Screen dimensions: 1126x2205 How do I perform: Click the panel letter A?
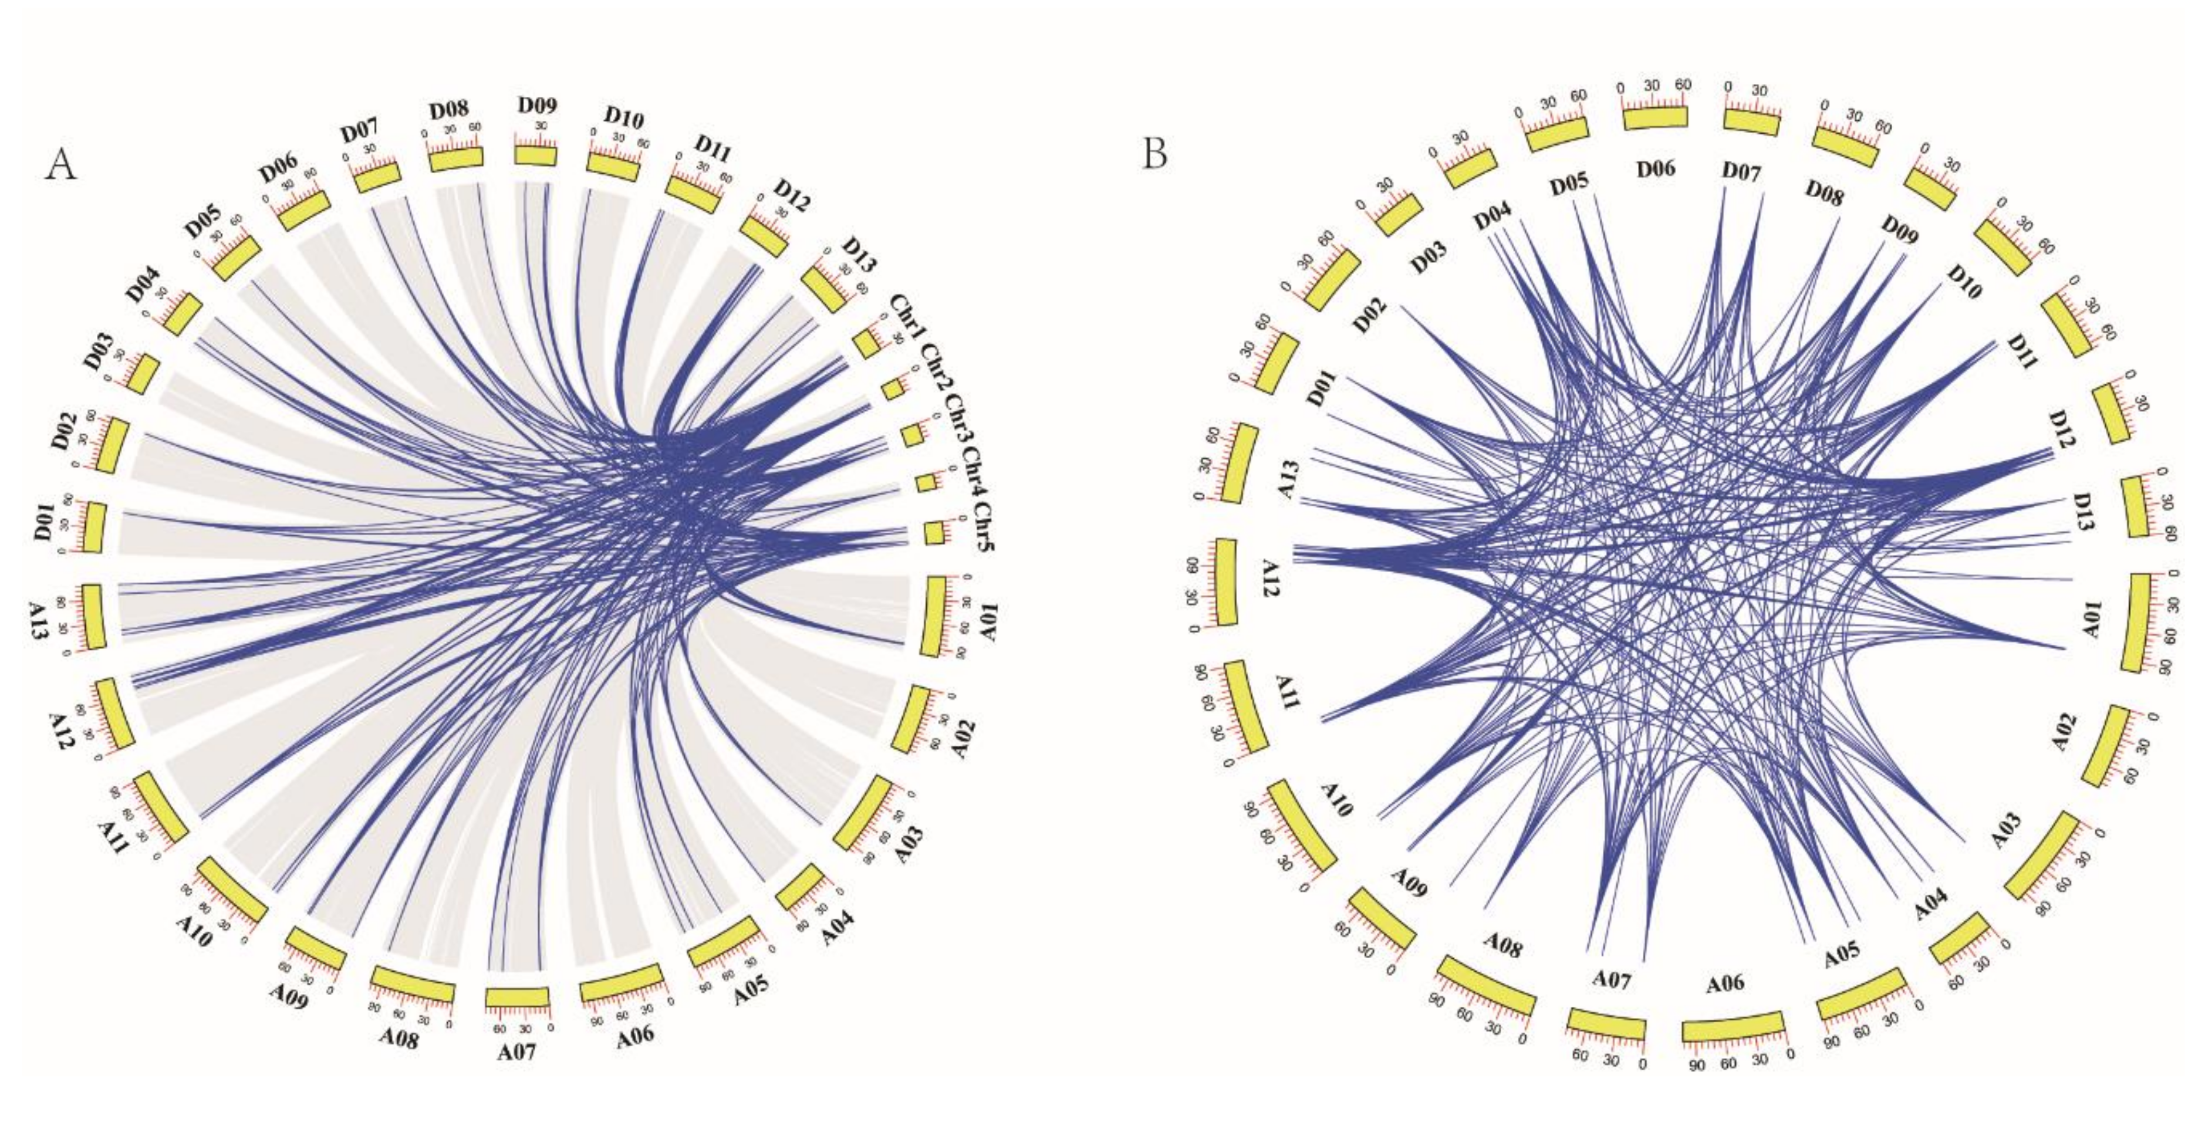point(62,164)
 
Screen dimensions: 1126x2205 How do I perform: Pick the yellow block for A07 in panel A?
point(517,997)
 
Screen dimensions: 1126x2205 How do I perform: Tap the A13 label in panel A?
point(40,618)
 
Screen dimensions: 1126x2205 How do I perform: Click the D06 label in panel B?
point(1656,168)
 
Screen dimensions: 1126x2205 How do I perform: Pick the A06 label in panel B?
point(1725,984)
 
